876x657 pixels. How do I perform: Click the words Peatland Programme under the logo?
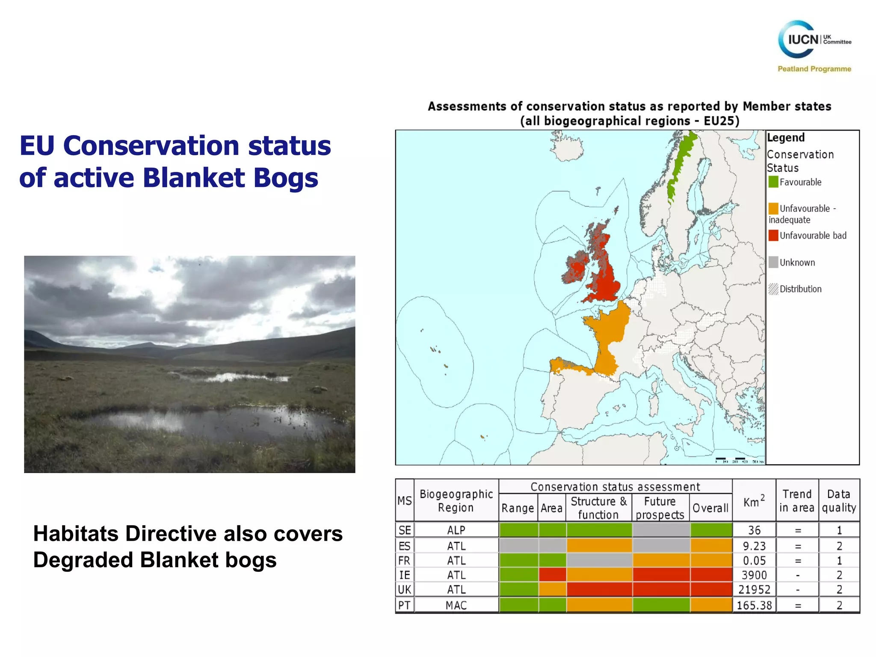(x=814, y=69)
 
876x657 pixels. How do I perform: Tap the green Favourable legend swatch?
(x=773, y=182)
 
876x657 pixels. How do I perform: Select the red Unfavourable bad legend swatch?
(x=773, y=235)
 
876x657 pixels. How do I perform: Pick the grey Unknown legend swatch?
(x=773, y=262)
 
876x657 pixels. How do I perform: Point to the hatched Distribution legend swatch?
(x=773, y=289)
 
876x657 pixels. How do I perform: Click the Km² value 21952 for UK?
(x=754, y=589)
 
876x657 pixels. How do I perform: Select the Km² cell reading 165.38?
(x=754, y=605)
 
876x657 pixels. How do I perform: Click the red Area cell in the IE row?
(x=552, y=574)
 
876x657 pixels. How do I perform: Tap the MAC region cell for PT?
(x=456, y=605)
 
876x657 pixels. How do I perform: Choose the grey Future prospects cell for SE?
(x=661, y=530)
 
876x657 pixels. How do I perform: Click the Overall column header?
(x=710, y=508)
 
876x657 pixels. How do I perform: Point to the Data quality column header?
(x=838, y=500)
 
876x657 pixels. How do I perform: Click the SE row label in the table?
(x=405, y=530)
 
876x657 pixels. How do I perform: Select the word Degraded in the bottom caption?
(x=83, y=560)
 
